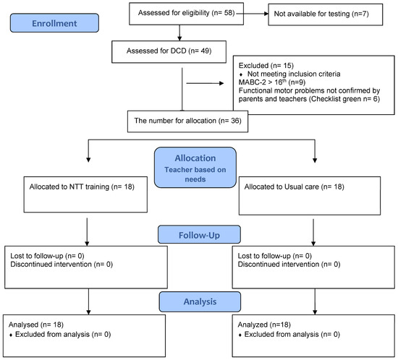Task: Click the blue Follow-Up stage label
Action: point(198,234)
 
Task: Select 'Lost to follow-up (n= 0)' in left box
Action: point(47,256)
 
